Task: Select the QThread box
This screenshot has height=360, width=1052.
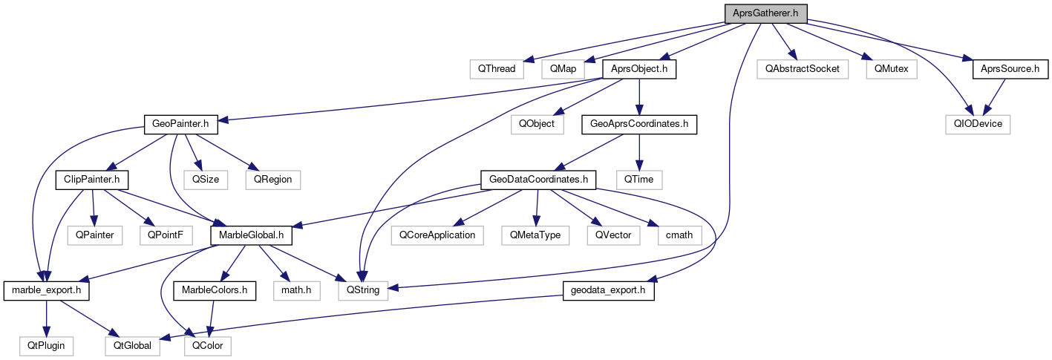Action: [497, 69]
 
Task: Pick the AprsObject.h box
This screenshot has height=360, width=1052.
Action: [639, 69]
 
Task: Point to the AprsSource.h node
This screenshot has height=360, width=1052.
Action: [1010, 69]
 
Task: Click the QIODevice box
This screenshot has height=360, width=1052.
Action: [978, 124]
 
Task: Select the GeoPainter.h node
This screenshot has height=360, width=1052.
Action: [176, 124]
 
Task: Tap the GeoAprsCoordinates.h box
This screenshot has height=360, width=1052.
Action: [639, 124]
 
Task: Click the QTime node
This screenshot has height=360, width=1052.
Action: [638, 179]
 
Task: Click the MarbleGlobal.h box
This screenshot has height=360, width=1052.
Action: [251, 235]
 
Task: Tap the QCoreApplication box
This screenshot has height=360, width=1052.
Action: [437, 235]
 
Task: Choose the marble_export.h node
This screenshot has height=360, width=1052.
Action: [46, 289]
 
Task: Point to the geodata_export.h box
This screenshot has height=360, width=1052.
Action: [609, 289]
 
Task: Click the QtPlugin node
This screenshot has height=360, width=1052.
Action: [46, 345]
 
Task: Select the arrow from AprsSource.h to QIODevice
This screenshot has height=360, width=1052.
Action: [996, 96]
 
